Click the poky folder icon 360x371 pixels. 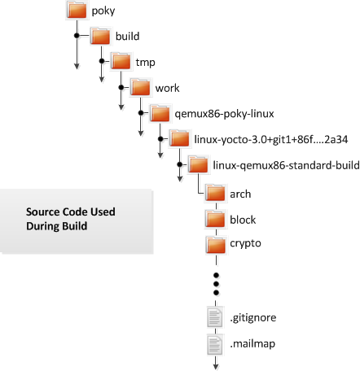click(77, 10)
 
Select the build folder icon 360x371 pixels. click(100, 36)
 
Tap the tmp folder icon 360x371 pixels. click(121, 61)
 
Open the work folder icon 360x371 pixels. click(140, 87)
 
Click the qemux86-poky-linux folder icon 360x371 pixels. click(160, 113)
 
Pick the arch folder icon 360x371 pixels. click(215, 193)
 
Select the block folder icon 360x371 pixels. click(215, 219)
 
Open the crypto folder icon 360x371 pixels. click(215, 245)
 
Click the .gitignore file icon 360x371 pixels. click(215, 316)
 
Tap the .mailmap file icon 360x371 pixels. click(215, 344)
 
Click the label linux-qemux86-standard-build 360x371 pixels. click(286, 165)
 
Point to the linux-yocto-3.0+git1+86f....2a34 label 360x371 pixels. click(271, 139)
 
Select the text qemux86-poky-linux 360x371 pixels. click(224, 114)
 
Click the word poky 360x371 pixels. click(103, 11)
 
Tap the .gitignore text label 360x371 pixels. click(253, 317)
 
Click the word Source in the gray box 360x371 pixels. click(43, 212)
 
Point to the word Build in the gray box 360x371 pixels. click(74, 226)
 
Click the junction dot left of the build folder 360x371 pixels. click(77, 36)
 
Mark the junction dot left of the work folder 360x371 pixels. click(121, 87)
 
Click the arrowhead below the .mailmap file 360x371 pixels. click(216, 367)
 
